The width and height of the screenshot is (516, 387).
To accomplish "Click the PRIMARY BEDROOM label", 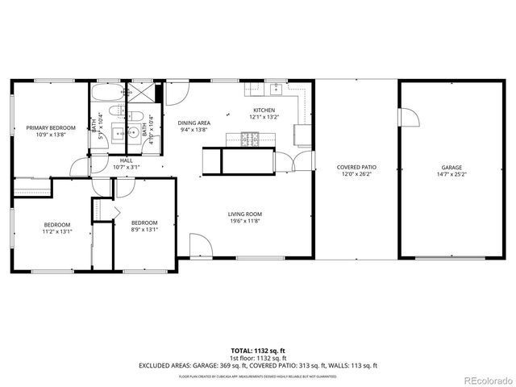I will tap(50, 128).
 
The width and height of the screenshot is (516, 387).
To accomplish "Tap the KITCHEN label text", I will tap(264, 110).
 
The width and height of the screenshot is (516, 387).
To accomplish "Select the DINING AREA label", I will tap(193, 123).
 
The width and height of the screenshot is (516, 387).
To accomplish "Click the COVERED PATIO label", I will tap(356, 168).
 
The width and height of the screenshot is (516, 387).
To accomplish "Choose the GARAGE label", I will tap(451, 168).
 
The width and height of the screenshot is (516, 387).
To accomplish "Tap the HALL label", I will tap(127, 160).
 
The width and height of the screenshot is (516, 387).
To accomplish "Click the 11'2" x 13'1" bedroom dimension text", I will tap(57, 231).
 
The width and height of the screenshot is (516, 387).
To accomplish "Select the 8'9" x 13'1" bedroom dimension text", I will tap(144, 228).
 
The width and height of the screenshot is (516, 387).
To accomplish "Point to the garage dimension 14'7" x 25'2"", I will tap(451, 174).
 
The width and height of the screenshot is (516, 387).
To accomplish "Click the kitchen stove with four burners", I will tap(243, 140).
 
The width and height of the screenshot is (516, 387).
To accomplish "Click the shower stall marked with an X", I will tap(142, 94).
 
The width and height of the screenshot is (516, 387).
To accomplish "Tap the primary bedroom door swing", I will tap(79, 169).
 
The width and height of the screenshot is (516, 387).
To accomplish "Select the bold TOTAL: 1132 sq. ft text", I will tap(258, 351).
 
